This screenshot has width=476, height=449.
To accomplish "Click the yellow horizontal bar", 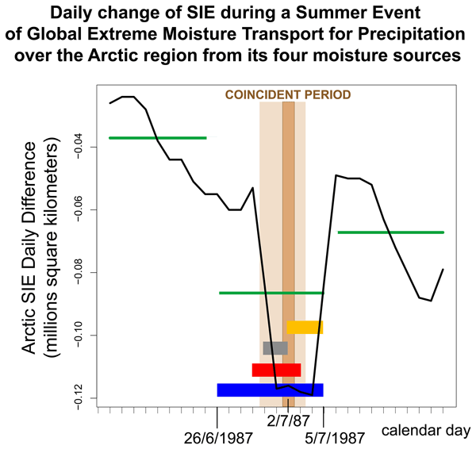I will coord(305,327).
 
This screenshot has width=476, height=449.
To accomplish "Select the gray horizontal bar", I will coord(275,347).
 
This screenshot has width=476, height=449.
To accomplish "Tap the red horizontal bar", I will coord(276,370).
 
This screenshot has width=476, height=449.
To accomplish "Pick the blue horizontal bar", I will coord(270,390).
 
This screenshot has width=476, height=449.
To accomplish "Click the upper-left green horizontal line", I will coord(157,138).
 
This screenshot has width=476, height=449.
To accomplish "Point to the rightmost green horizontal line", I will coord(390,232).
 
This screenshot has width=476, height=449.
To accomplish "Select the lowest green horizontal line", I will coord(271,293).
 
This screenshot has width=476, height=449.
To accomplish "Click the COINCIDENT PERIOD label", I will coord(288,94).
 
